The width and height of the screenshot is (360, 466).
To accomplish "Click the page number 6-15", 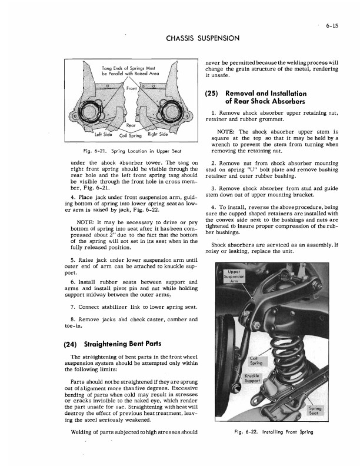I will [x=335, y=25].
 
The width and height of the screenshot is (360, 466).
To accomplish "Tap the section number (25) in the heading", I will [x=212, y=94].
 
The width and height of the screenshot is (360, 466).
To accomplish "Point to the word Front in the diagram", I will [x=115, y=88].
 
